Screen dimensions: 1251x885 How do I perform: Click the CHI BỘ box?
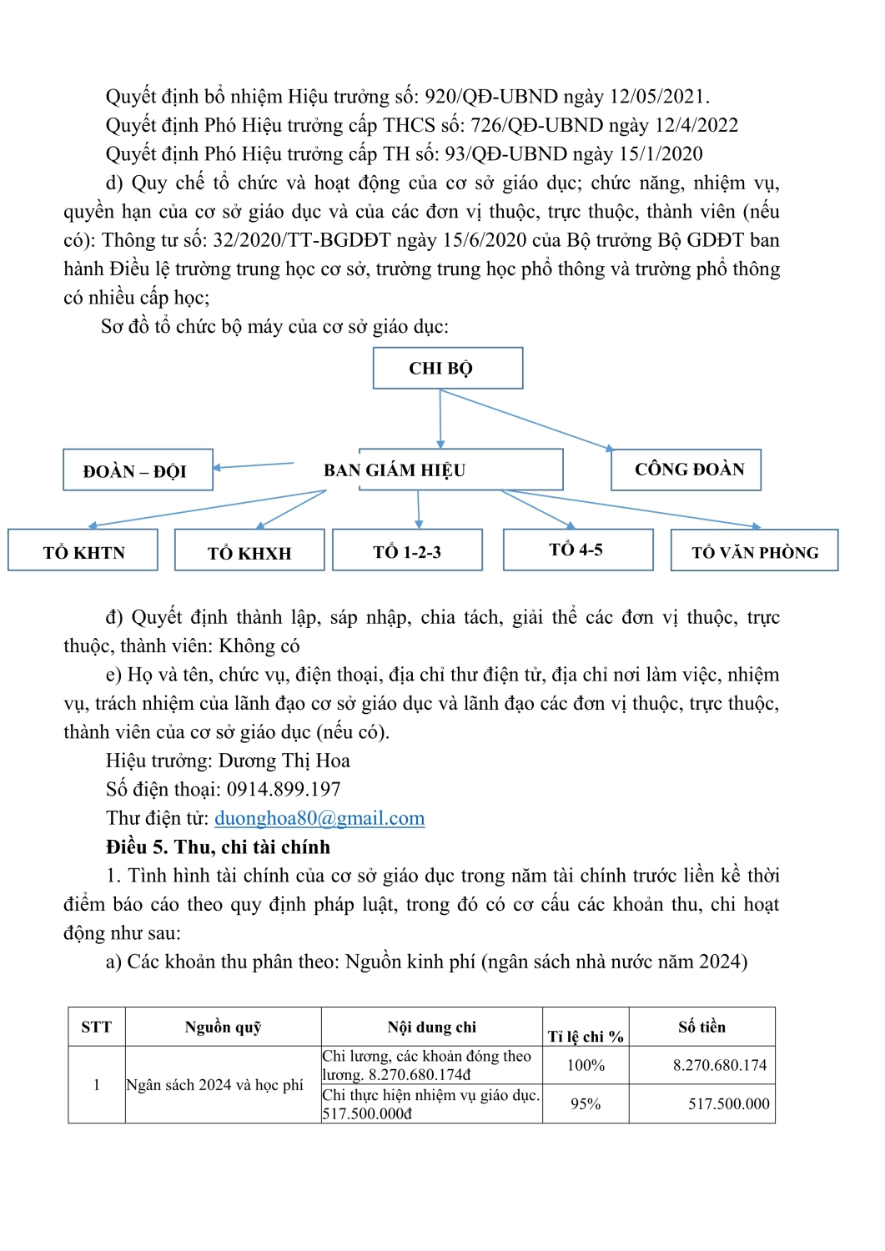448,368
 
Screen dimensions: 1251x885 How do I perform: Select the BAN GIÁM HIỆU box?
460,470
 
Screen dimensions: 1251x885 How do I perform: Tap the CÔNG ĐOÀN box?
686,470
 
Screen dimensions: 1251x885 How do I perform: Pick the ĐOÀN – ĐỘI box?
138,471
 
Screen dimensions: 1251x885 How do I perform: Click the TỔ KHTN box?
83,551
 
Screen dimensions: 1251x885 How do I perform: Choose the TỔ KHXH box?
249,552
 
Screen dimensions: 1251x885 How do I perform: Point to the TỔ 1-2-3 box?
407,551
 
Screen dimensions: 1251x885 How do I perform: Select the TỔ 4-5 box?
577,550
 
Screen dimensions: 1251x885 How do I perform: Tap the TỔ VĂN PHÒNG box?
754,551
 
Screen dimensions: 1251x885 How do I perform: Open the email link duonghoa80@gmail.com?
319,818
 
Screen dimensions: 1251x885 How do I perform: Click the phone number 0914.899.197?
284,789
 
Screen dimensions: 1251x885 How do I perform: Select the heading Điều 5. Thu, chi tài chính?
218,847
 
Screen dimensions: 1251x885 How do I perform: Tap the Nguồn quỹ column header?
223,1027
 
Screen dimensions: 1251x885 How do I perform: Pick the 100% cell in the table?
586,1065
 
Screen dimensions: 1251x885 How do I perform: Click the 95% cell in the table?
586,1103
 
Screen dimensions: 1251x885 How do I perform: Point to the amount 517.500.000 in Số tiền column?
728,1103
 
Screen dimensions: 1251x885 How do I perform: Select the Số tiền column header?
701,1027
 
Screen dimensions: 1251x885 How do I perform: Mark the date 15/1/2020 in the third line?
661,154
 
